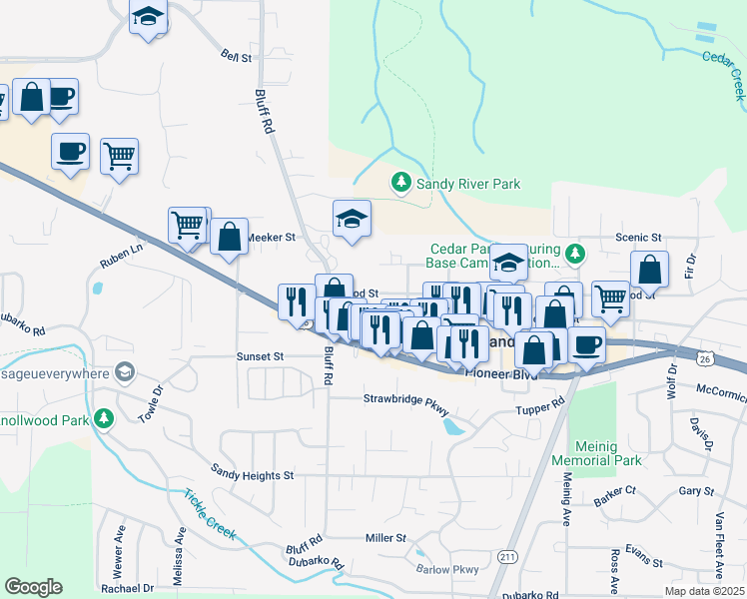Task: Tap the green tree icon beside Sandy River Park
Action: [400, 182]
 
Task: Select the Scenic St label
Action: [639, 238]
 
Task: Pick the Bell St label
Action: [237, 57]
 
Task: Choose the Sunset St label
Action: [260, 355]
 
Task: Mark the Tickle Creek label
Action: [209, 513]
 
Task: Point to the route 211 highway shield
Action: [508, 556]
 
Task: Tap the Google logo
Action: [34, 587]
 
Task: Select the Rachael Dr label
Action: [127, 588]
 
